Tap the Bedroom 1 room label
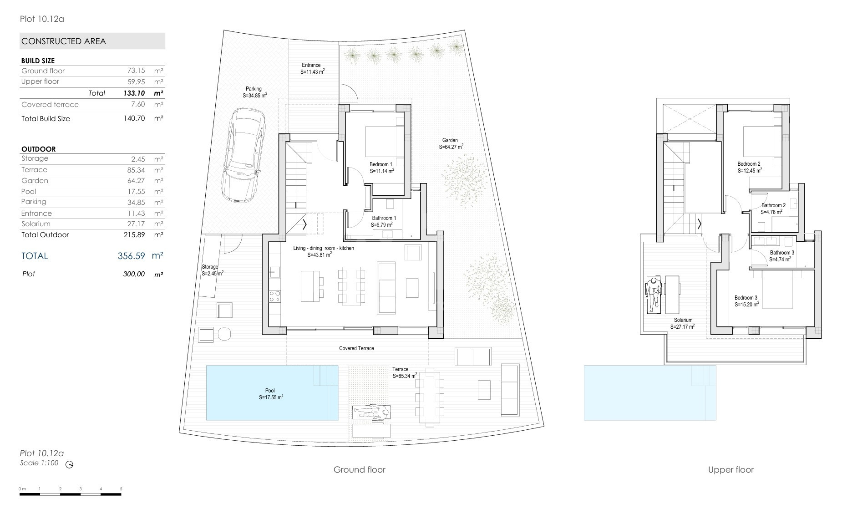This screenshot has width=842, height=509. [381, 164]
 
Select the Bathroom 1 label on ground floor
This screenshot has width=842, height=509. [384, 218]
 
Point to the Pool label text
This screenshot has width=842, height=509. [270, 391]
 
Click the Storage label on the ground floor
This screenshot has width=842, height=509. [210, 267]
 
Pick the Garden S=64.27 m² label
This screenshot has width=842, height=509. [451, 144]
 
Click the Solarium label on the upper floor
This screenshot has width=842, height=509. [683, 320]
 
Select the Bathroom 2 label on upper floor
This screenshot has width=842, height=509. [773, 205]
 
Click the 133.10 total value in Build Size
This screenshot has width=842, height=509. [134, 93]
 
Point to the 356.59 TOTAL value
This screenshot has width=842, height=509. [131, 256]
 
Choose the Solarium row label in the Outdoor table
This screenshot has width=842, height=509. [36, 224]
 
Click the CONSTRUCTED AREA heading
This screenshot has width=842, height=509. [64, 41]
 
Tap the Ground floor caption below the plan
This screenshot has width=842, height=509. [360, 470]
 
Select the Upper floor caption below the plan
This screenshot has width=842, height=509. [731, 470]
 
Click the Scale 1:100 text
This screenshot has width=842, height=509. [39, 463]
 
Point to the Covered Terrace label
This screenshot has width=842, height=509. [356, 348]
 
